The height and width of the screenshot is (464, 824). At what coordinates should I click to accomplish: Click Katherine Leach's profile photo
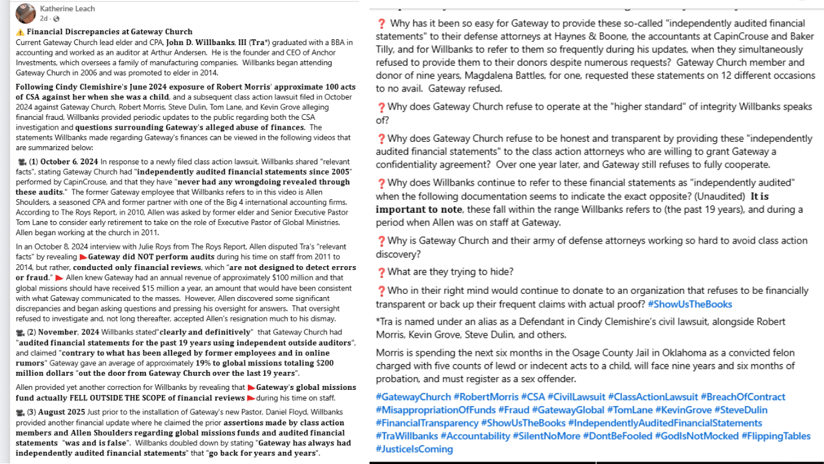(25, 13)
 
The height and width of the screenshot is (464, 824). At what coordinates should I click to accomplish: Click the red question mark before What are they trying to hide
(381, 272)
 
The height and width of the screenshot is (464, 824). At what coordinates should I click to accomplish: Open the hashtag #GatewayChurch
(413, 397)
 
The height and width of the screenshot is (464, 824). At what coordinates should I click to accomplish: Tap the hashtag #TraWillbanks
(407, 436)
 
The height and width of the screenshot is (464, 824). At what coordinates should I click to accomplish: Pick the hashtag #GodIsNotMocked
(696, 436)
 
